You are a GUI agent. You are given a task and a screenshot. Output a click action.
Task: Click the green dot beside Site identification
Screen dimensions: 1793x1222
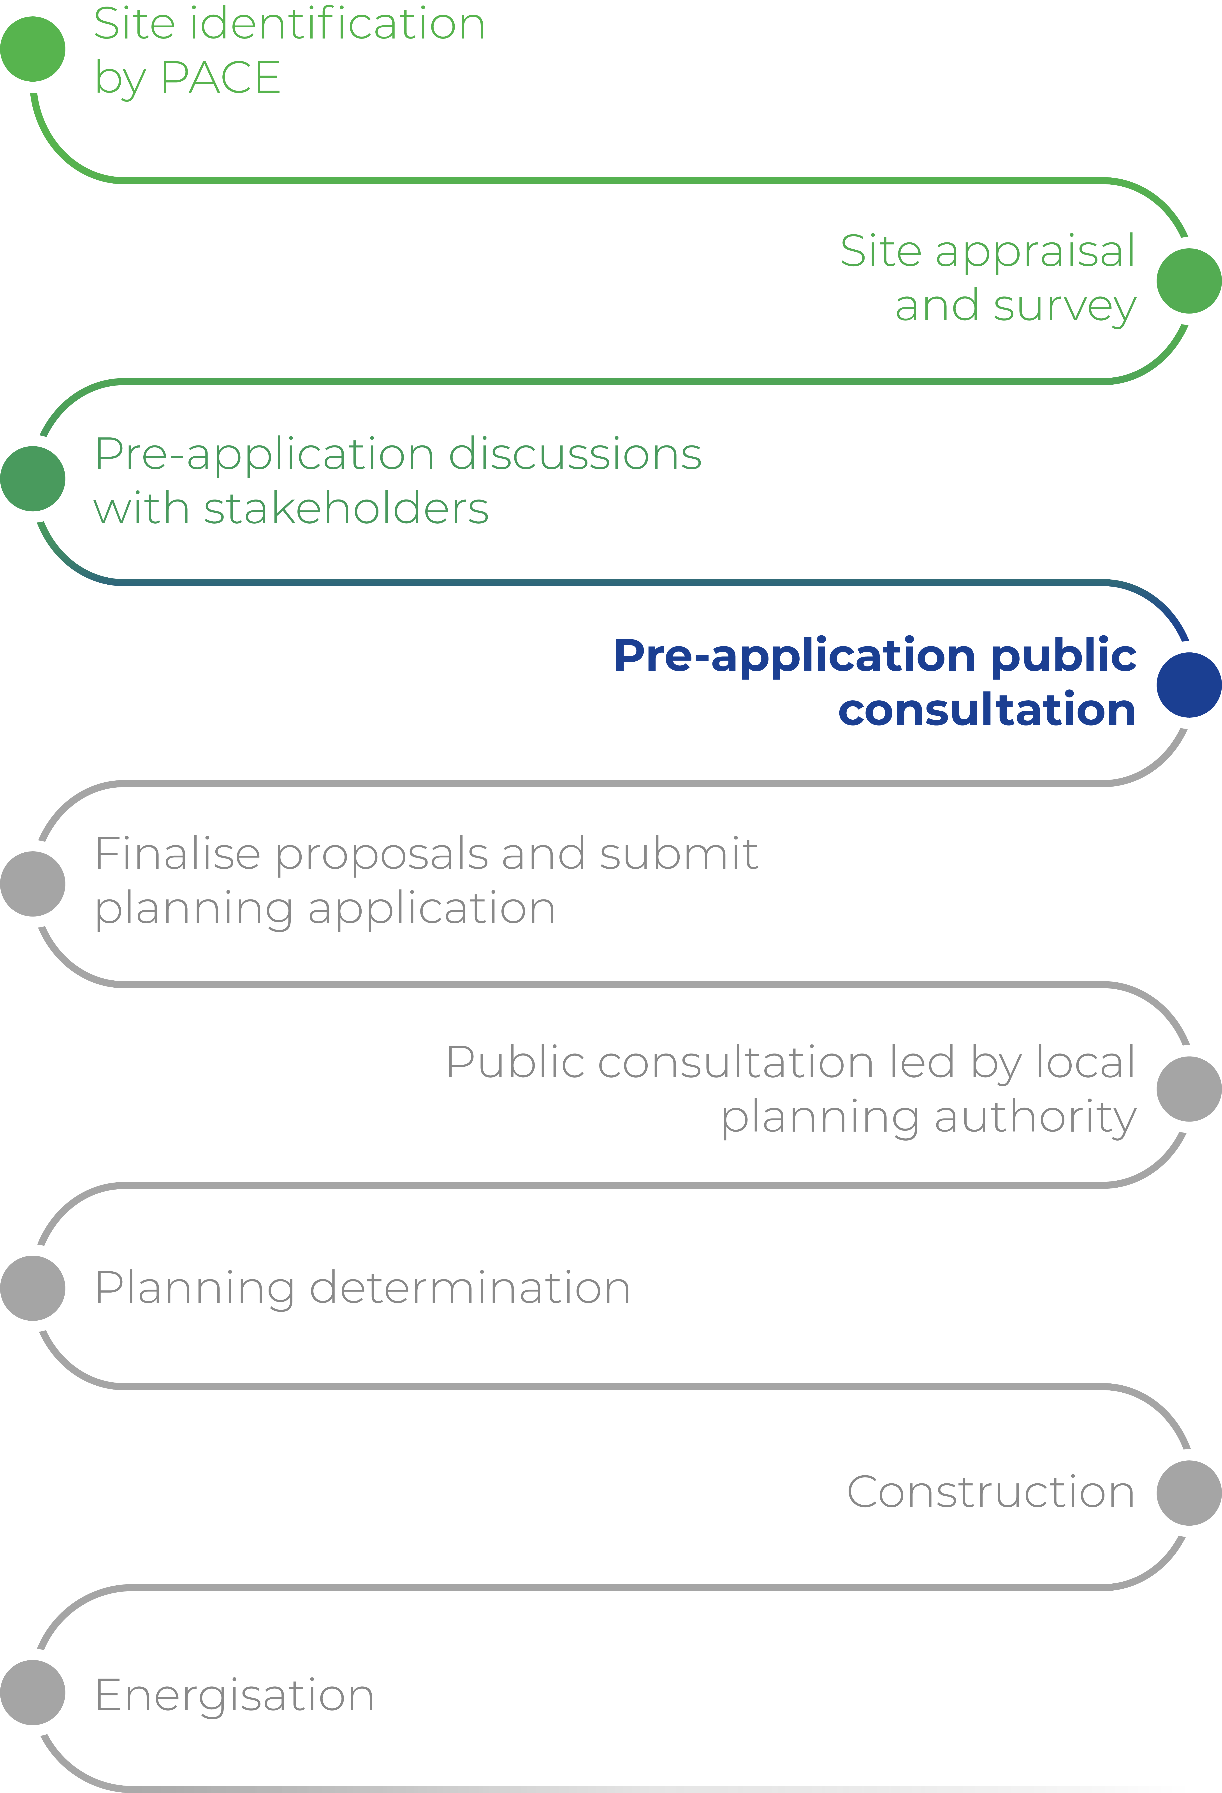(32, 49)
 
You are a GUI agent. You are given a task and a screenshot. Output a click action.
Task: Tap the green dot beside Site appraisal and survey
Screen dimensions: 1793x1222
(1189, 281)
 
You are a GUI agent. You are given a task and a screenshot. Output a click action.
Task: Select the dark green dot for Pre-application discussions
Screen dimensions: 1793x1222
(32, 478)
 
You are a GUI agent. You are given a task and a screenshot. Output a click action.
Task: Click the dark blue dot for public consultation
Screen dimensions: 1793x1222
(1189, 684)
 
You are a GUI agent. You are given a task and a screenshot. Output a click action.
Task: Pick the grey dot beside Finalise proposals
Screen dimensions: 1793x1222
(32, 883)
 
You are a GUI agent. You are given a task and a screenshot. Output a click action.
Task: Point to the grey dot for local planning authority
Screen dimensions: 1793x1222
(1189, 1089)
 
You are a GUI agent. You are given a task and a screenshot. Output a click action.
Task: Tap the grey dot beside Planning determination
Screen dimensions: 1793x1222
(32, 1288)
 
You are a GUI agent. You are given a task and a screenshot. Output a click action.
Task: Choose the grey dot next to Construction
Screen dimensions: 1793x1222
(1189, 1493)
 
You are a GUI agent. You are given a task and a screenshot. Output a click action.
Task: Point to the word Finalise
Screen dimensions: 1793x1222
(178, 854)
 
